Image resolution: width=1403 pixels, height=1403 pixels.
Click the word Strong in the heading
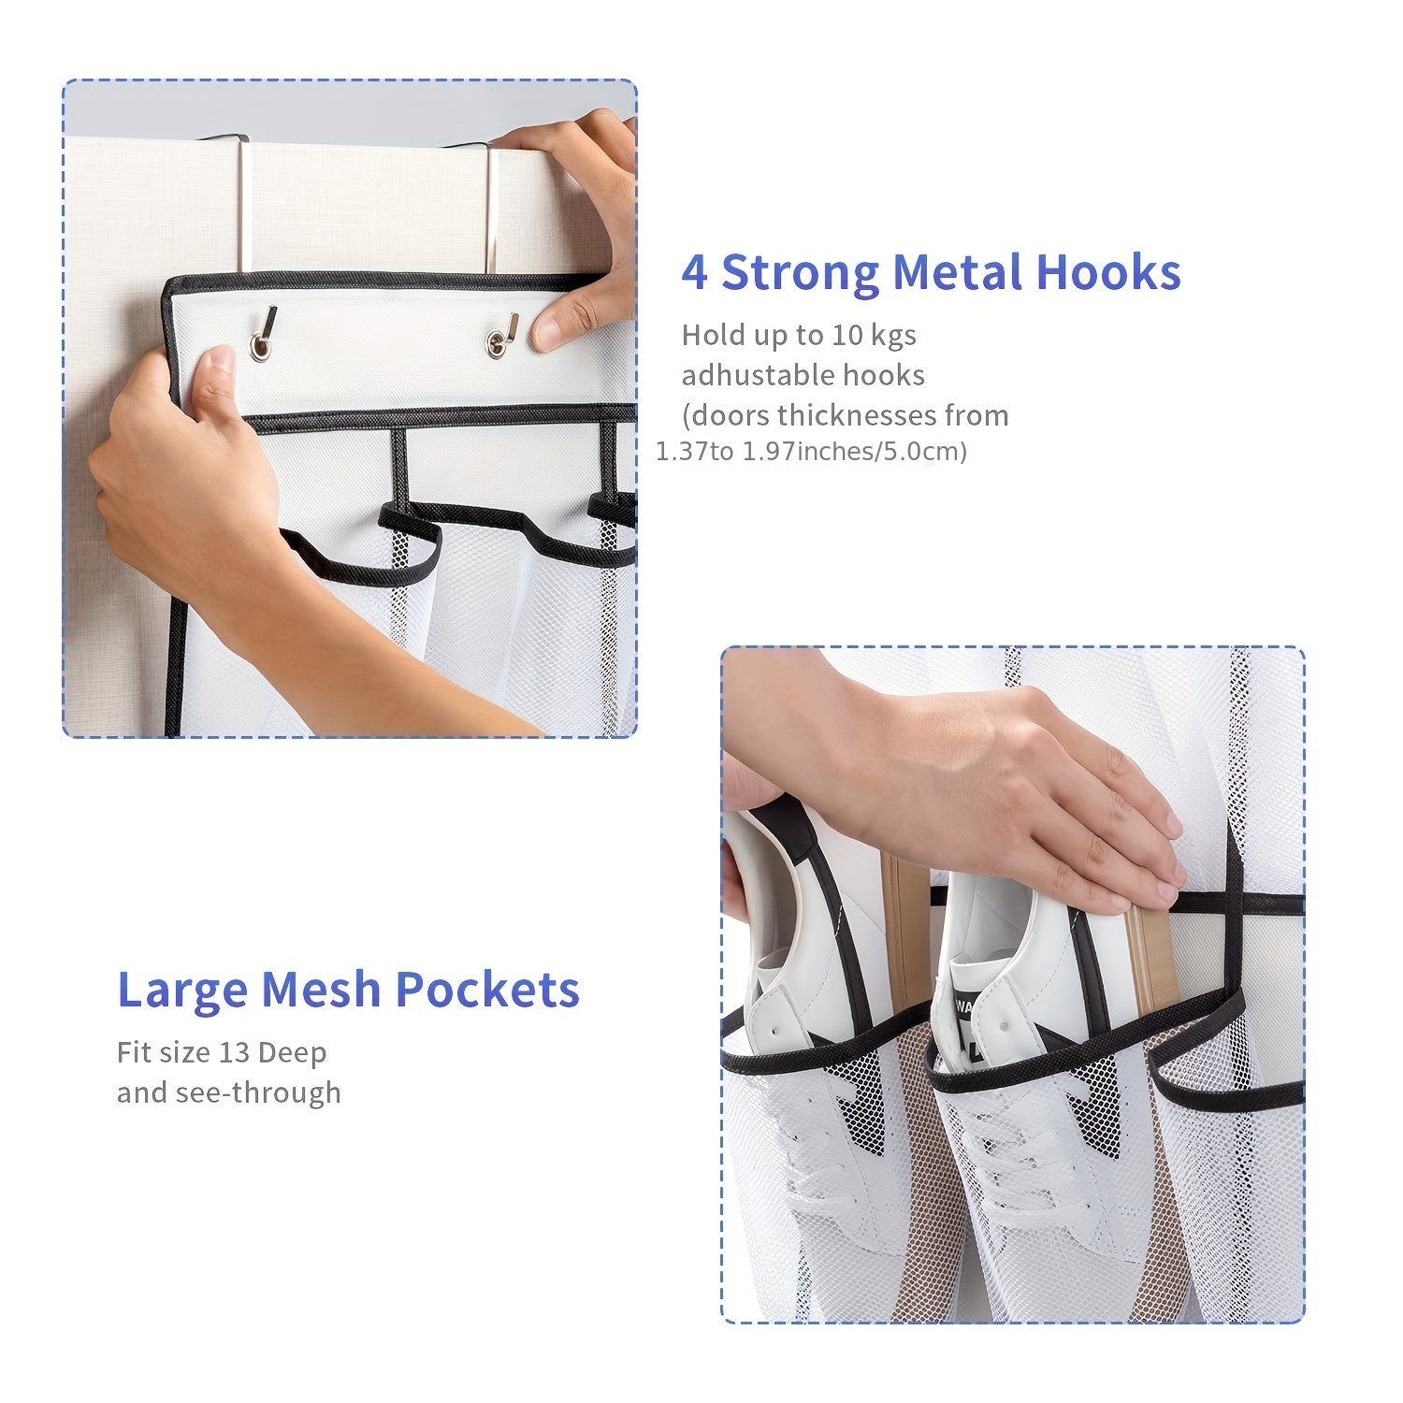click(x=800, y=273)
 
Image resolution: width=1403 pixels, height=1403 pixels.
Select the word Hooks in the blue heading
click(x=1108, y=272)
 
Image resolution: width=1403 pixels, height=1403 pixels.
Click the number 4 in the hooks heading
click(x=694, y=273)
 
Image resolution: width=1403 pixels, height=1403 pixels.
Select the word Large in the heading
click(x=182, y=991)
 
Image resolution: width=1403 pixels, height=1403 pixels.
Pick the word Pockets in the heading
click(x=487, y=989)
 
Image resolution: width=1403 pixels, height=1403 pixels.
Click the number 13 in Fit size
click(x=234, y=1052)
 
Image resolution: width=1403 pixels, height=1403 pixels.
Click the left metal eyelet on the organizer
click(x=261, y=347)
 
